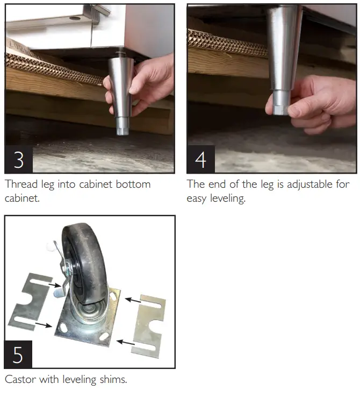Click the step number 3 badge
point(19,159)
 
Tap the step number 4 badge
point(201,159)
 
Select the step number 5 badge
point(18,354)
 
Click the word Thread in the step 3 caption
point(21,184)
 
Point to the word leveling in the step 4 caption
point(228,198)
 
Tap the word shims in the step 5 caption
point(113,380)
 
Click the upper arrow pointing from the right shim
point(133,301)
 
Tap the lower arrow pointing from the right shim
point(126,343)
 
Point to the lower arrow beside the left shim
point(44,325)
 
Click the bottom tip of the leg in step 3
point(122,134)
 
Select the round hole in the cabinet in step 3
point(75,18)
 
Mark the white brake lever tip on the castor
point(50,246)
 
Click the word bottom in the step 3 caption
point(133,184)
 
